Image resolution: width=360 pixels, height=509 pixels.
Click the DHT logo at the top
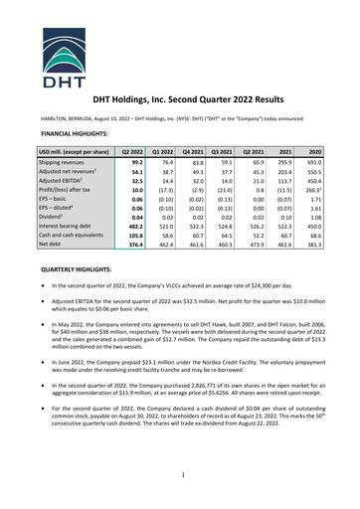[180, 46]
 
